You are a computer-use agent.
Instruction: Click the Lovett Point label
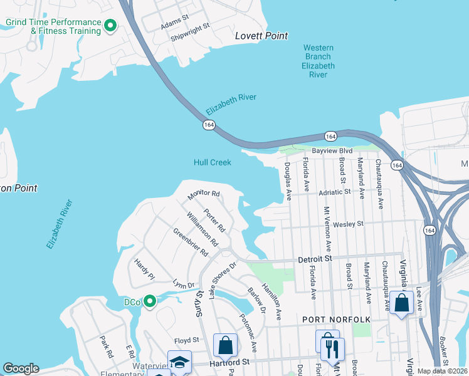261,36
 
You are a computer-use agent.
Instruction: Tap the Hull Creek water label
212,162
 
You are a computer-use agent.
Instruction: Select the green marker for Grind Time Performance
110,26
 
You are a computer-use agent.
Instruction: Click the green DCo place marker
149,302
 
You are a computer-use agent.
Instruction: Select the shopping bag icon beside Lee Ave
401,304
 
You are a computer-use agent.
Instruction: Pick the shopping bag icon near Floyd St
225,345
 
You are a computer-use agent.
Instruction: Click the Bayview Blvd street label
331,152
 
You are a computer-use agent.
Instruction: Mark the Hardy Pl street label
144,268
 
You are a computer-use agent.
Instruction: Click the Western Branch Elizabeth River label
319,61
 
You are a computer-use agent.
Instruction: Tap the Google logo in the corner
21,368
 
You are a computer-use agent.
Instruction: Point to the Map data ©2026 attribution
442,371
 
